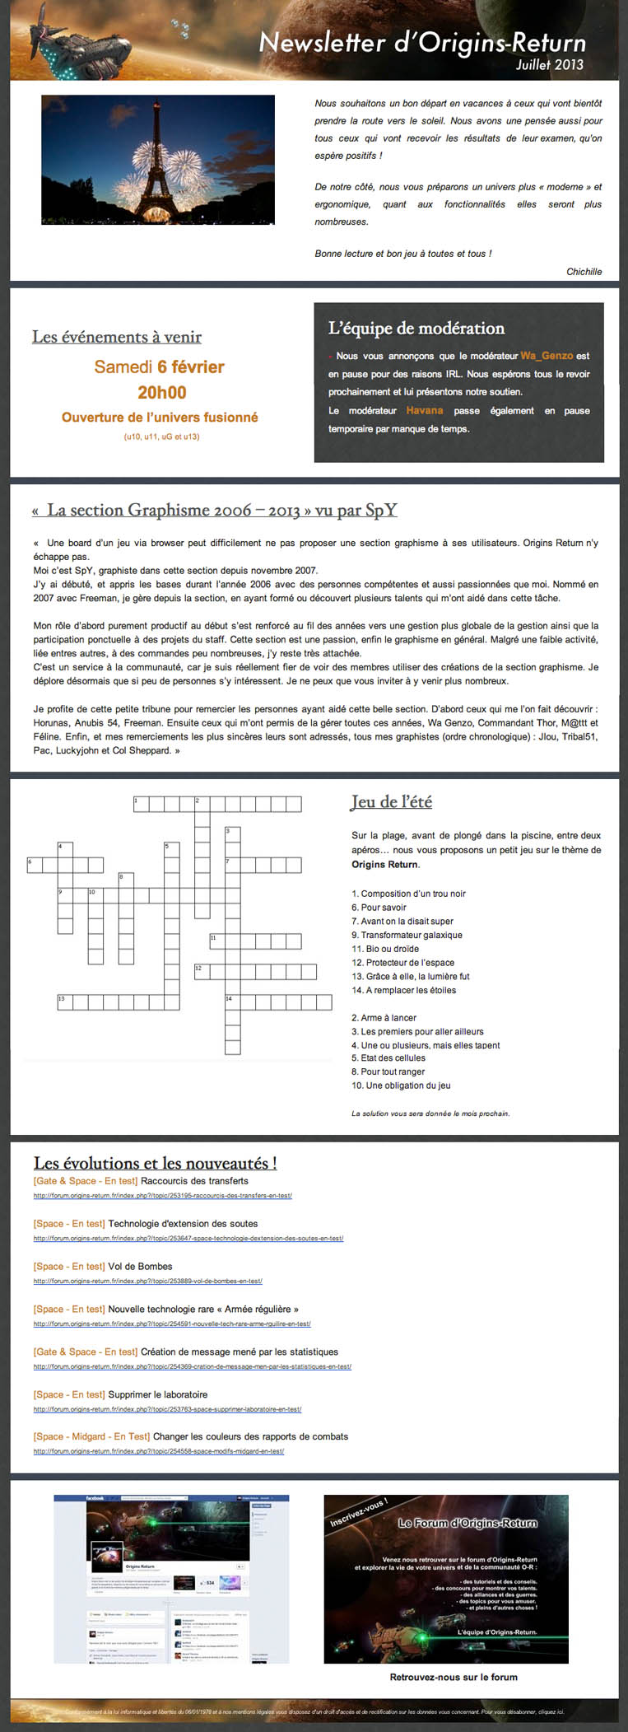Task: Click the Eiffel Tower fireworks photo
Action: [158, 160]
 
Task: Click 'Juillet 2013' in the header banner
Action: [549, 64]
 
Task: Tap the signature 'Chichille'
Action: [584, 272]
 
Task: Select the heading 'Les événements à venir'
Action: [117, 337]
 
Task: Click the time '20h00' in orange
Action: [161, 392]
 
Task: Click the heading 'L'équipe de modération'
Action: [416, 328]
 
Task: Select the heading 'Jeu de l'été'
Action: [391, 801]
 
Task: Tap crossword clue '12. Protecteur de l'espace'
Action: [402, 963]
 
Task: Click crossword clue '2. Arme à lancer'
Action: [384, 1018]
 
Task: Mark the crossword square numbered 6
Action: [35, 865]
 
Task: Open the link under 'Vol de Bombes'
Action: [147, 1281]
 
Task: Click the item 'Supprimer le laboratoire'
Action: [157, 1394]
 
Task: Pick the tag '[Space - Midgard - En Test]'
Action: [91, 1436]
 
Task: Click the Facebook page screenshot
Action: [171, 1578]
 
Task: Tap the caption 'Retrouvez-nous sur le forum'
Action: [454, 1676]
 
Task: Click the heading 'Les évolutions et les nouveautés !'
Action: [155, 1163]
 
